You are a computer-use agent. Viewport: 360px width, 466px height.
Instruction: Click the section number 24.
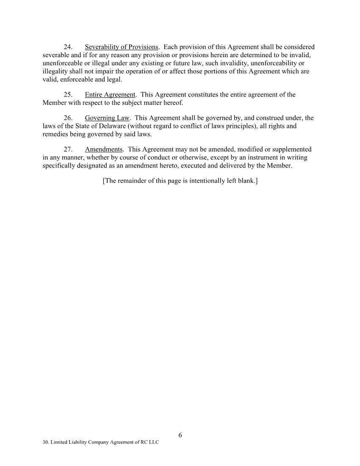pos(68,47)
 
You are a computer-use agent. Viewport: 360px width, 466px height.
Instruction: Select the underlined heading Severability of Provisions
pos(122,47)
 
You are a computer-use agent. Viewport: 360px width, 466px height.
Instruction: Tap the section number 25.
pos(68,94)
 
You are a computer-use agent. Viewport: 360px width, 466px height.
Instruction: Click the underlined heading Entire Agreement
pos(110,94)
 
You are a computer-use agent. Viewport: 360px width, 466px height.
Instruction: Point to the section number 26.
pos(68,118)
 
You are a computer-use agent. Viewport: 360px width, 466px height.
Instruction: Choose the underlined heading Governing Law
pos(107,118)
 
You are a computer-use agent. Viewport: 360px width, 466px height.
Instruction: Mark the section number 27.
pos(68,150)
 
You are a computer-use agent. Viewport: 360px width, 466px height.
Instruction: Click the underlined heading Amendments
pos(104,150)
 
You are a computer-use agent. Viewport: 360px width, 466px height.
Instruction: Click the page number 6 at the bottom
pos(180,435)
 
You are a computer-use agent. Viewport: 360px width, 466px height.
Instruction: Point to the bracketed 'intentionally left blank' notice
pos(180,181)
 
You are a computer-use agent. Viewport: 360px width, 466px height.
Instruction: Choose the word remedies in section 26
pos(55,134)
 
